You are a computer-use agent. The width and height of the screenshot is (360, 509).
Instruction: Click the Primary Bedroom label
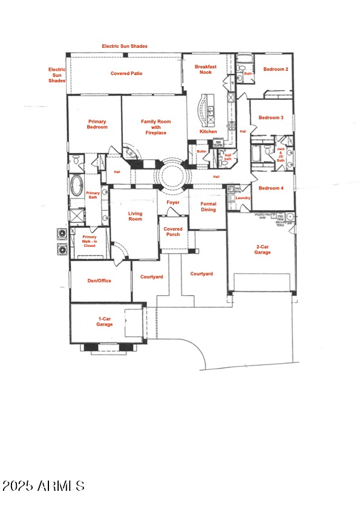click(97, 124)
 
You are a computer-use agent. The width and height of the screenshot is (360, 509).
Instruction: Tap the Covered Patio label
click(126, 73)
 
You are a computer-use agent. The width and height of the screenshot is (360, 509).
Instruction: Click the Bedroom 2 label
click(275, 70)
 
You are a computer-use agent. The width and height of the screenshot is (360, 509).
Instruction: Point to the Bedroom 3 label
click(271, 117)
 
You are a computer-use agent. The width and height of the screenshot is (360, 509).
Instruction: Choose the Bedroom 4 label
click(271, 188)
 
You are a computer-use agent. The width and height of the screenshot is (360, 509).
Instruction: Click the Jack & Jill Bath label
click(281, 154)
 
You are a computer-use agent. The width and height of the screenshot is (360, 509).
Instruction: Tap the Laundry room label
click(243, 197)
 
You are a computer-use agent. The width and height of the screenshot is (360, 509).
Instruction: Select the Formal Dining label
click(208, 207)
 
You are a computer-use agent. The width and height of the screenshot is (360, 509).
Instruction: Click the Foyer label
click(172, 202)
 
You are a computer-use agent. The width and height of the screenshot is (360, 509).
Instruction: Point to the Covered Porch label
click(173, 232)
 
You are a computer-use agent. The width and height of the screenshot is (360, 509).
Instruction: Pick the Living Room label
click(135, 215)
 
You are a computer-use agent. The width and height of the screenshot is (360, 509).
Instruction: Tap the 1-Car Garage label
click(105, 321)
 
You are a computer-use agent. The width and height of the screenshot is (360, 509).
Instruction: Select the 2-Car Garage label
click(263, 249)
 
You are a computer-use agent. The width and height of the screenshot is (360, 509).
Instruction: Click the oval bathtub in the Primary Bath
click(77, 186)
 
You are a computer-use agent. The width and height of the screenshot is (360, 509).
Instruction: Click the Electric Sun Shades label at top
click(125, 46)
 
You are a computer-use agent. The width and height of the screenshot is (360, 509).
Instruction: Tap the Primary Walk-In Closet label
click(90, 240)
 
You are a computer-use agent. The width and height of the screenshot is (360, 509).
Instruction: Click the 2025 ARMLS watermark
click(43, 485)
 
